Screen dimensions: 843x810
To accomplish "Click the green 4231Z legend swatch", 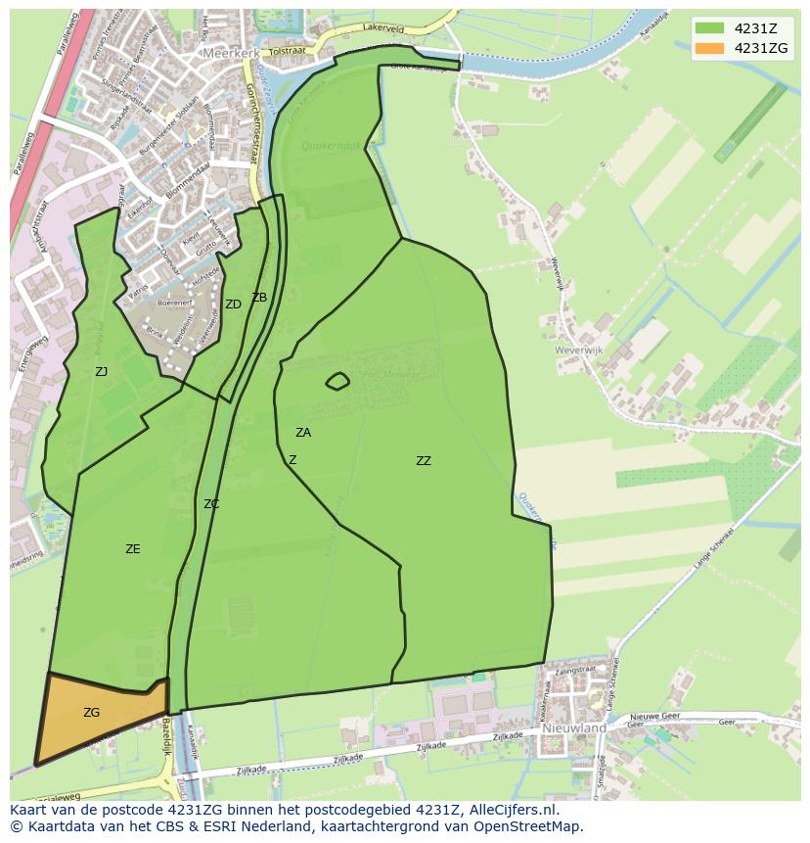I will pyautogui.click(x=709, y=28).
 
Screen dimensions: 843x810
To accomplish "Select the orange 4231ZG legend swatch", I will pyautogui.click(x=709, y=48).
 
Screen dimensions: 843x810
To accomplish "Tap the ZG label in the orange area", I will pyautogui.click(x=91, y=713).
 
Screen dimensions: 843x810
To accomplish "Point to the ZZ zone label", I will pyautogui.click(x=423, y=461).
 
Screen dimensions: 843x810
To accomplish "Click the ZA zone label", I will pyautogui.click(x=303, y=433).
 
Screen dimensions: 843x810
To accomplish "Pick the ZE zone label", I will pyautogui.click(x=133, y=549).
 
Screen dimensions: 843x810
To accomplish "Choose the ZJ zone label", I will pyautogui.click(x=102, y=372).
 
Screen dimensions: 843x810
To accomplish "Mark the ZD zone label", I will pyautogui.click(x=233, y=304).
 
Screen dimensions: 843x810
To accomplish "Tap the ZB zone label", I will pyautogui.click(x=259, y=298).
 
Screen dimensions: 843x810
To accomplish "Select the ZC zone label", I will pyautogui.click(x=211, y=504).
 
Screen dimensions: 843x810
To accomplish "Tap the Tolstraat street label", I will pyautogui.click(x=287, y=51).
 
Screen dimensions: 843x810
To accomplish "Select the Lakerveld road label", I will pyautogui.click(x=382, y=29).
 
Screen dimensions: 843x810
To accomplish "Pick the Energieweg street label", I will pyautogui.click(x=31, y=352).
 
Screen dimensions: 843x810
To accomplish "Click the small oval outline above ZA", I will pyautogui.click(x=337, y=381).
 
